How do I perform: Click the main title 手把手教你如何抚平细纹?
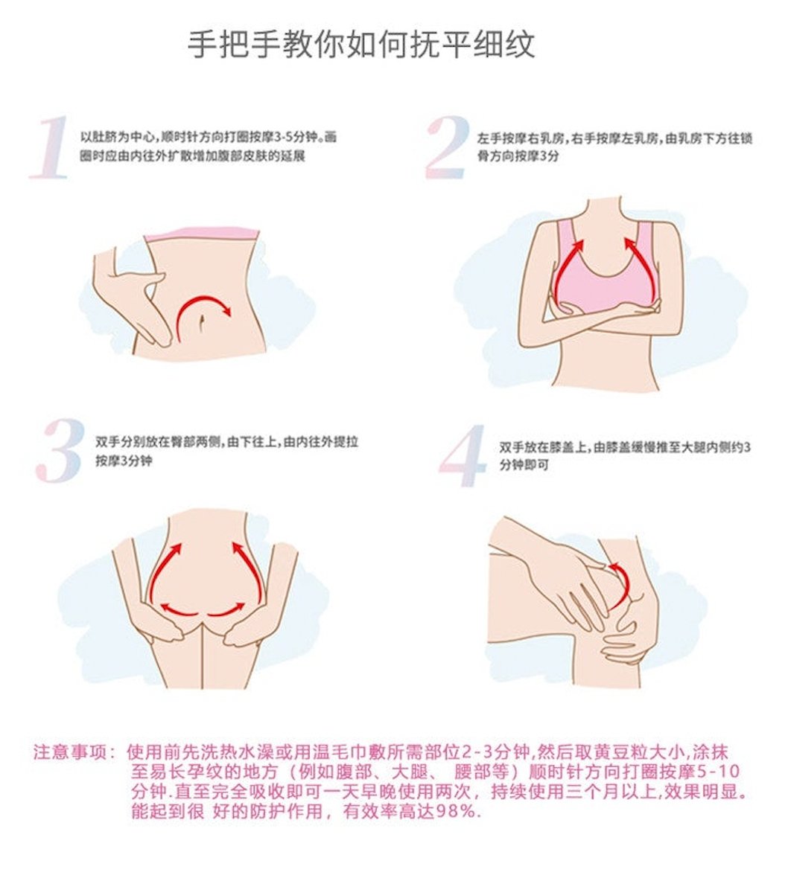pos(361,44)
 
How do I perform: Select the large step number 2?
pos(446,147)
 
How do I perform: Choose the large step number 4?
pos(463,455)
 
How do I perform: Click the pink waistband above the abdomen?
pos(202,234)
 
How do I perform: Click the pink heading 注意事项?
pos(70,752)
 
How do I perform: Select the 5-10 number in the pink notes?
pos(719,772)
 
